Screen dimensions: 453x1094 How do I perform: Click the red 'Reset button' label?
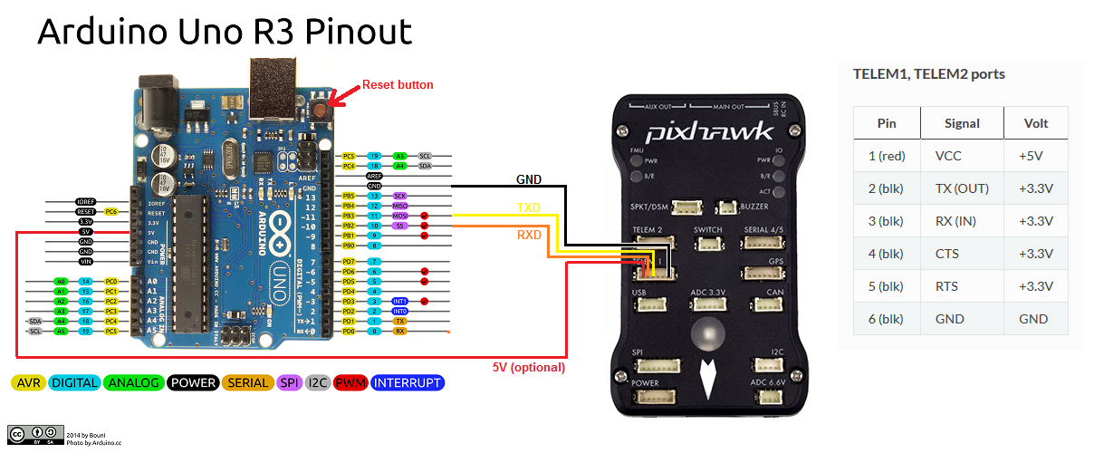398,84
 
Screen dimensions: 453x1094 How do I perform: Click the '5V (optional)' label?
529,367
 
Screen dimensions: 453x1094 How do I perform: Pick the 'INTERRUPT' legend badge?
407,383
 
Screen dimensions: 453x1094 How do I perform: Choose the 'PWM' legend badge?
350,383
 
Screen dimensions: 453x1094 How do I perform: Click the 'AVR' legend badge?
28,383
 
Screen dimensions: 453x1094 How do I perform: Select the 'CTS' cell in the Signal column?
948,254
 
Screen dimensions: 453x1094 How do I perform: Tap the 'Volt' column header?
1035,123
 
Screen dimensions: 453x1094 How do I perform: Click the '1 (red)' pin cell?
887,156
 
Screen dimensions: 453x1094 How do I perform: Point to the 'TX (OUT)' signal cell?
962,188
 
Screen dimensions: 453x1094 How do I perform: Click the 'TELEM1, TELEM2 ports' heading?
928,74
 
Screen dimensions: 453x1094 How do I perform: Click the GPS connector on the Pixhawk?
763,273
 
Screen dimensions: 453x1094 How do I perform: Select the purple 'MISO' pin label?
399,206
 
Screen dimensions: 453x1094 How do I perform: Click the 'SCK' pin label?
399,196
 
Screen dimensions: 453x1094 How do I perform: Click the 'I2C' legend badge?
318,383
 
